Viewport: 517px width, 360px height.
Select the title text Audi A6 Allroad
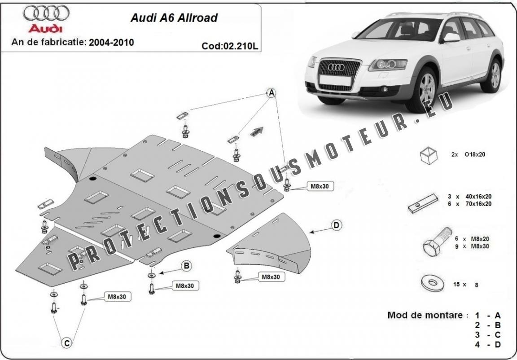click(x=174, y=18)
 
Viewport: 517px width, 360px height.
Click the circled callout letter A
click(x=271, y=93)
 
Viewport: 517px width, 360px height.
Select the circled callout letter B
click(x=186, y=266)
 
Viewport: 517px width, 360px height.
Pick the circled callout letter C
click(x=66, y=343)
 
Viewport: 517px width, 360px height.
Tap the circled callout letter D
click(x=336, y=225)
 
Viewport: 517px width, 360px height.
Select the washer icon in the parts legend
click(x=433, y=283)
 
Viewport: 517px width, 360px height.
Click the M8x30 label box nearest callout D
click(x=271, y=277)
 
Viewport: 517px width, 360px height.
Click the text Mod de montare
click(x=425, y=316)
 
